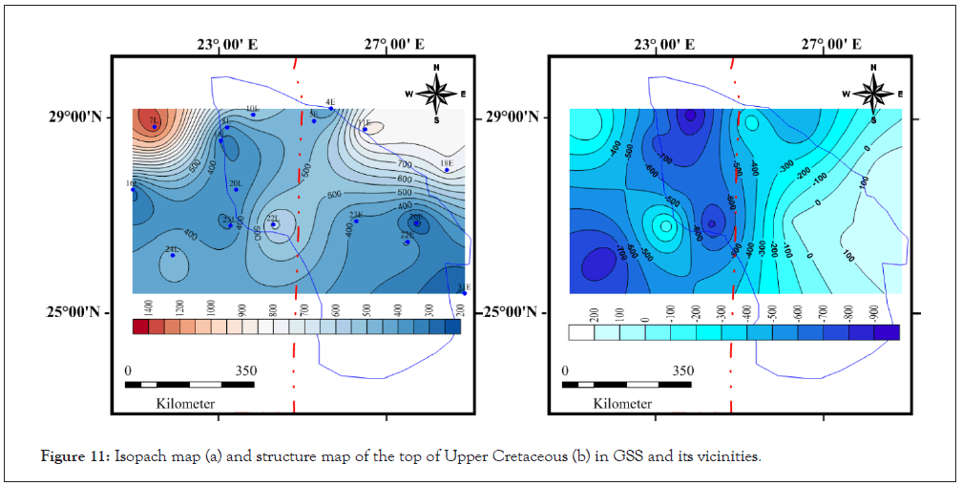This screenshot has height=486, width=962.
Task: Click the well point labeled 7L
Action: tap(154, 126)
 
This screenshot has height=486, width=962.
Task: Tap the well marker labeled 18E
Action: tap(446, 170)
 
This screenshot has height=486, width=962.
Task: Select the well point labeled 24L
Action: tap(173, 255)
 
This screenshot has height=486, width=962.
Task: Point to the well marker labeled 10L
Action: tap(253, 115)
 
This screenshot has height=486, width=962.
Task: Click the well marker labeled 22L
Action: tap(274, 224)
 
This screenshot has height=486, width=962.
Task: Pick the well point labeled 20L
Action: tap(236, 189)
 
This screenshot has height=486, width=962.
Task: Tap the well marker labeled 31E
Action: tap(464, 293)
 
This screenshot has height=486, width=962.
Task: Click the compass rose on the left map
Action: tap(436, 93)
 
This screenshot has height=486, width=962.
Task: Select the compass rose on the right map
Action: tap(873, 93)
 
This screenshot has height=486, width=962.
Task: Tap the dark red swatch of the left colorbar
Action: tap(141, 328)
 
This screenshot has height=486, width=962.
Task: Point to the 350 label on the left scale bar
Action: tap(245, 371)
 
